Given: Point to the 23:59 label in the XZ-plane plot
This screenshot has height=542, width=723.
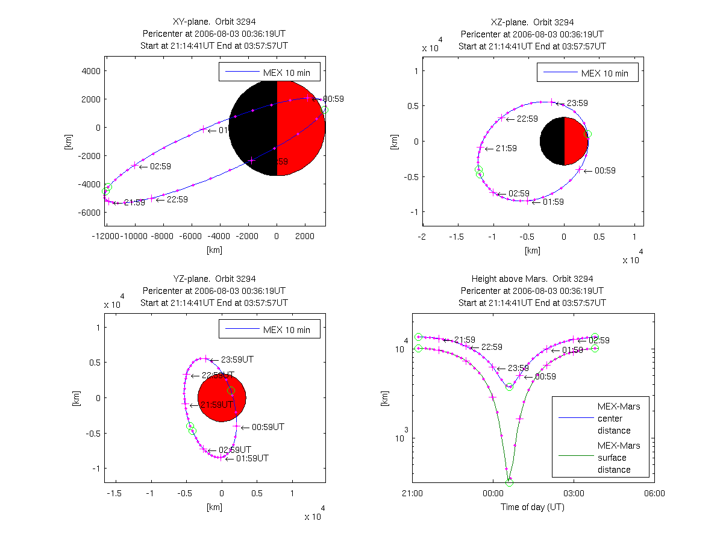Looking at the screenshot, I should [571, 104].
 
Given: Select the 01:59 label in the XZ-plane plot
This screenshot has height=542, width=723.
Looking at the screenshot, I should [553, 202].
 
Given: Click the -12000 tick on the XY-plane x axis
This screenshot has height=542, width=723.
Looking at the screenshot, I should [106, 237].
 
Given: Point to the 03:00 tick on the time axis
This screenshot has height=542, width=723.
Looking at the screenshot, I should [574, 493].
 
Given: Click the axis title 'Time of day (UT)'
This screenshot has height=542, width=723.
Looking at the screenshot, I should [533, 507].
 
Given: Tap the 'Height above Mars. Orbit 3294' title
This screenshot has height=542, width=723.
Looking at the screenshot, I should [533, 279].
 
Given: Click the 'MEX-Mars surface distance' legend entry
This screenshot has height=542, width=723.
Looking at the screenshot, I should [613, 458].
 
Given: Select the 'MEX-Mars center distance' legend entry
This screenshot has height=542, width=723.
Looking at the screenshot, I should [613, 419].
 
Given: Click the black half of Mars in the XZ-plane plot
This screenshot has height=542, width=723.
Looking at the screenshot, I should [552, 141].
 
